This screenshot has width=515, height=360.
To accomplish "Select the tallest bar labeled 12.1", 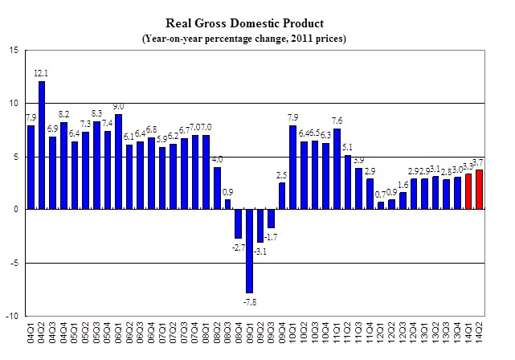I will [x=42, y=145].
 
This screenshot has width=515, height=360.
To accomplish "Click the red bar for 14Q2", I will [x=480, y=190].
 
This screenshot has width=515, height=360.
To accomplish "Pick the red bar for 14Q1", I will [x=469, y=191].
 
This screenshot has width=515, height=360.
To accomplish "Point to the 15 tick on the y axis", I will [x=14, y=50].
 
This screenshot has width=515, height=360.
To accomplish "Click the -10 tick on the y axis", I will [x=12, y=316].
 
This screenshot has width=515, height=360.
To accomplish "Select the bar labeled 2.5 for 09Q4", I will [x=282, y=196].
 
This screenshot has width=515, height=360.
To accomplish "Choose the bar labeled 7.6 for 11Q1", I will [x=337, y=169].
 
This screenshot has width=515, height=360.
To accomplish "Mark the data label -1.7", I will [x=273, y=237].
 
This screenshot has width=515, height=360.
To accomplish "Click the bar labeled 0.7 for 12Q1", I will [x=381, y=206].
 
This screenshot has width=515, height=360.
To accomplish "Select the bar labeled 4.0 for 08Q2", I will [x=217, y=188].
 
